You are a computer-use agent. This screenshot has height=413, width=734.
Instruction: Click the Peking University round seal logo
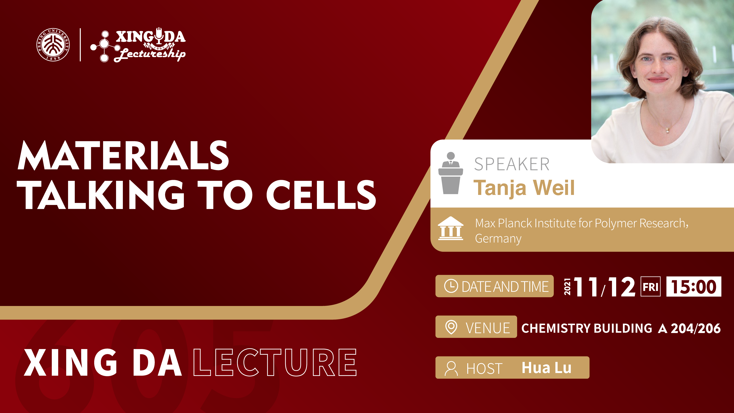(x=53, y=45)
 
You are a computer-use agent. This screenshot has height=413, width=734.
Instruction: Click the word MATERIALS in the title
(x=123, y=156)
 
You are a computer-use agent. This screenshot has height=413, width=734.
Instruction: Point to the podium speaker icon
(x=450, y=173)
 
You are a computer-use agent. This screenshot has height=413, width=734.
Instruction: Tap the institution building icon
(x=450, y=228)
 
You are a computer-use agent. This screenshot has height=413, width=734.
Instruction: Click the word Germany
(x=498, y=239)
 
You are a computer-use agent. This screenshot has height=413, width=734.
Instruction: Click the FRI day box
(x=650, y=286)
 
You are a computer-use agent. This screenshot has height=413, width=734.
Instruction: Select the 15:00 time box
(x=694, y=286)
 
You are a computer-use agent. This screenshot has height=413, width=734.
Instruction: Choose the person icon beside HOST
(x=451, y=368)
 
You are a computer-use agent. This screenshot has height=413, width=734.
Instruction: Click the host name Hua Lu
(x=547, y=368)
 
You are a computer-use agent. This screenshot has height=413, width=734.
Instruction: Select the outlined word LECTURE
(x=275, y=362)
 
